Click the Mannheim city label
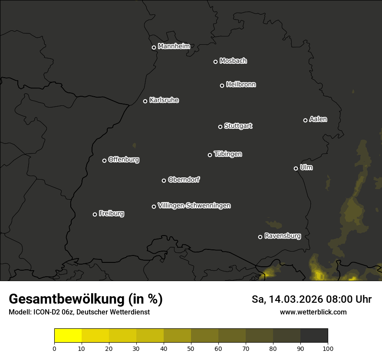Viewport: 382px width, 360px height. tap(174, 46)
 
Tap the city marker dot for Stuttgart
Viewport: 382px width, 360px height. tap(220, 127)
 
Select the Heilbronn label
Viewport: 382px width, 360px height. tap(241, 85)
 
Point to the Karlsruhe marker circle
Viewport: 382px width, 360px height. tap(145, 101)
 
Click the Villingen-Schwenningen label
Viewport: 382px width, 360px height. tap(194, 206)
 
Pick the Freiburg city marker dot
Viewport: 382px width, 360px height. tap(95, 214)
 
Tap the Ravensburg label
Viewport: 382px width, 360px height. tap(282, 236)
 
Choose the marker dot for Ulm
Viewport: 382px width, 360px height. tap(296, 168)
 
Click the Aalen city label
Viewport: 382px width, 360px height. tap(318, 119)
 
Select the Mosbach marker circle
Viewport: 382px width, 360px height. tap(215, 62)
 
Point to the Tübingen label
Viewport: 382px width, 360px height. tap(228, 154)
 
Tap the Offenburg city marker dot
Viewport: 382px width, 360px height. tap(104, 160)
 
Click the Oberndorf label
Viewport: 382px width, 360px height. tap(184, 180)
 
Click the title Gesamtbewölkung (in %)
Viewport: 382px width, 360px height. tap(86, 299)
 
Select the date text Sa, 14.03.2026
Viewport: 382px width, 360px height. tap(291, 299)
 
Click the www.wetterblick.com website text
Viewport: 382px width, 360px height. tap(313, 312)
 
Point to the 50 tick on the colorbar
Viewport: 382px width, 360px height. tap(191, 348)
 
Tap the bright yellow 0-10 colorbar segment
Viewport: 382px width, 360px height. tap(68, 336)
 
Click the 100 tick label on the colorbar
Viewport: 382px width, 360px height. tap(328, 348)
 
